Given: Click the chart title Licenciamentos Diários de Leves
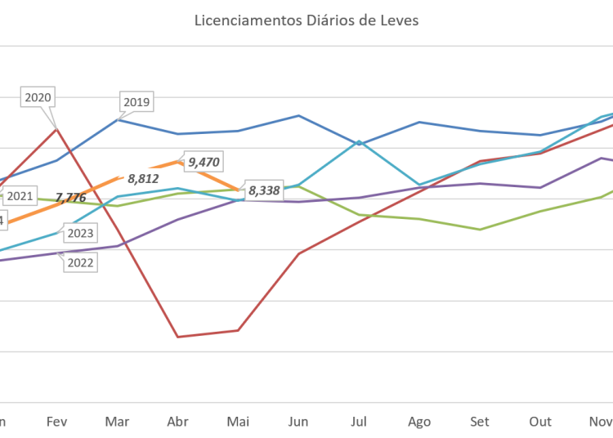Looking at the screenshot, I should click(x=306, y=20).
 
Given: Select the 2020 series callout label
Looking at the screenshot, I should click(x=38, y=97).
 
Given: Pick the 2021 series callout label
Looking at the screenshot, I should click(x=20, y=196).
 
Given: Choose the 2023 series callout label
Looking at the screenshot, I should click(x=80, y=234).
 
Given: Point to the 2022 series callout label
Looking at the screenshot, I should click(x=80, y=262).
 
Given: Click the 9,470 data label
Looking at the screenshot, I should click(x=204, y=162).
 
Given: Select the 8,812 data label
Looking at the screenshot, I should click(x=143, y=177).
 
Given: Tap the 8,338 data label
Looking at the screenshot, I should click(x=264, y=190).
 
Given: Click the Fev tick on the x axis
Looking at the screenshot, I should click(x=56, y=422).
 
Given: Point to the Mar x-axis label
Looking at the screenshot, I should click(x=117, y=422).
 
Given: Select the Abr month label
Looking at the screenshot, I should click(x=177, y=422).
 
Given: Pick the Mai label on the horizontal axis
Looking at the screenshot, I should click(x=238, y=422).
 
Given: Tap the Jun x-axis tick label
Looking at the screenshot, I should click(x=298, y=422).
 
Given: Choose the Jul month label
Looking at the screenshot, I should click(x=359, y=422).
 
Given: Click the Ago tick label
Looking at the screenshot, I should click(x=419, y=422).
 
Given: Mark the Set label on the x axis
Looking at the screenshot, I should click(x=480, y=422).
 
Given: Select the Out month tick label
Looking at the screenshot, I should click(x=540, y=422).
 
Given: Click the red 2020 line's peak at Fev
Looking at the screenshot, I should click(x=56, y=127).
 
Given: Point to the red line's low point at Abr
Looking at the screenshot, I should click(x=177, y=336).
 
